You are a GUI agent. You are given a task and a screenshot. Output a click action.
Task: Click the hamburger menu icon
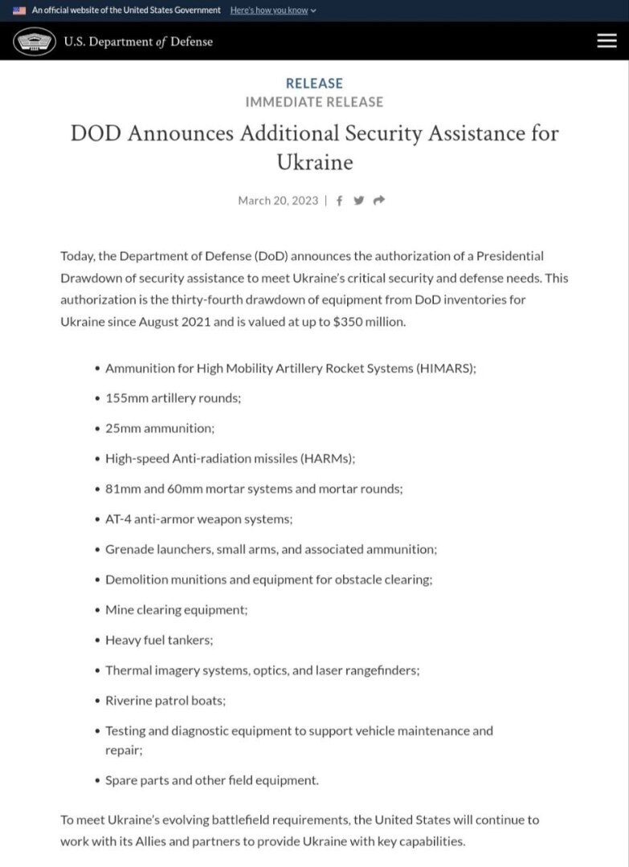(x=607, y=41)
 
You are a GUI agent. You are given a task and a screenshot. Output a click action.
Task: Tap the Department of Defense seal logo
(x=34, y=41)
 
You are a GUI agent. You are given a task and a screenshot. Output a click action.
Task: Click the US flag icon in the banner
(x=19, y=10)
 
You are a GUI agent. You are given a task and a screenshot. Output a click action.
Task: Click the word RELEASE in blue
(x=314, y=83)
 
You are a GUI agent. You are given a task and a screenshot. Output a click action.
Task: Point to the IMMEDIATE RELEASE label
(x=314, y=102)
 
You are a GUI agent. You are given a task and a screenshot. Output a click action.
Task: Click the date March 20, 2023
(x=278, y=201)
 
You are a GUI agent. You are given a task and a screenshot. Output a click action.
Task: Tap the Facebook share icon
(x=340, y=201)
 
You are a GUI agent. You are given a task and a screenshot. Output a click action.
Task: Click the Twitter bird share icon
(x=359, y=201)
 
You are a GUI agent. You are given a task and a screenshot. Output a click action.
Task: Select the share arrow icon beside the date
(x=379, y=201)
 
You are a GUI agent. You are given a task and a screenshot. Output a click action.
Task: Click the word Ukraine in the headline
(x=314, y=162)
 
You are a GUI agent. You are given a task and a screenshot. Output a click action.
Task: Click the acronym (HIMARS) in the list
(x=446, y=368)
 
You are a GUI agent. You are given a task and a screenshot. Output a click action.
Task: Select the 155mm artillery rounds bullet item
(x=173, y=398)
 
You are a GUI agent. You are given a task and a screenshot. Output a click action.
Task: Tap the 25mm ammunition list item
(x=160, y=429)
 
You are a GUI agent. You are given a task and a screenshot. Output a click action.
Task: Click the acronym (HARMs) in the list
(x=327, y=458)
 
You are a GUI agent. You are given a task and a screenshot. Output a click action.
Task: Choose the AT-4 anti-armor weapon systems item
(x=198, y=519)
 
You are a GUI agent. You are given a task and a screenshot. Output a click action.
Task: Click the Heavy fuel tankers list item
(x=159, y=641)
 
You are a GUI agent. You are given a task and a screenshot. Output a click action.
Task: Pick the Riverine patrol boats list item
(x=165, y=701)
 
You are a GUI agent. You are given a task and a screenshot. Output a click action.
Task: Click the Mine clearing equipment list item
(x=176, y=610)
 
